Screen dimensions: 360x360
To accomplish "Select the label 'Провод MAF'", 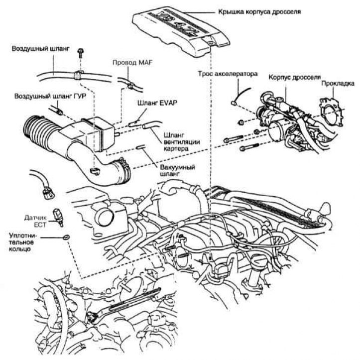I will [131, 64].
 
